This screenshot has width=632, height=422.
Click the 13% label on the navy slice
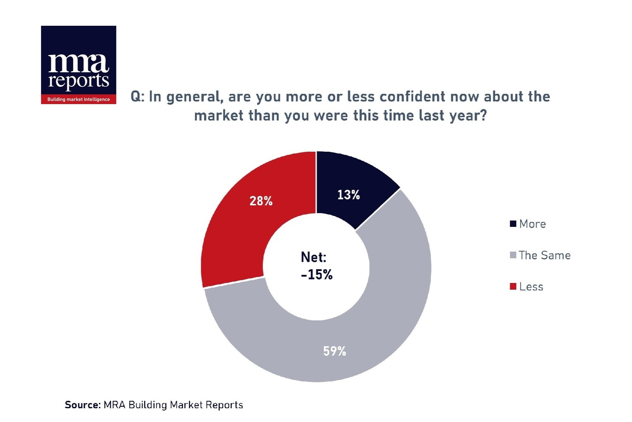[x=348, y=195]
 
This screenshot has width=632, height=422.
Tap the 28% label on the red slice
[x=261, y=201]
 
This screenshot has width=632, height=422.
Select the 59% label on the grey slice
[x=334, y=351]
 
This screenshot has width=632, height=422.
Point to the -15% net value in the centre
[x=317, y=275]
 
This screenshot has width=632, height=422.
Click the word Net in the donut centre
[x=313, y=257]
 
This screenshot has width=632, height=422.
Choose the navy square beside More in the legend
[x=513, y=224]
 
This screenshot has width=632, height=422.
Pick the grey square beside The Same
[x=513, y=255]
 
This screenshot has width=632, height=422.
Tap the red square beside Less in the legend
[x=513, y=286]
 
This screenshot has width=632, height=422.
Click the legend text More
[x=532, y=224]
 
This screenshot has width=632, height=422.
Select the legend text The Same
[x=544, y=255]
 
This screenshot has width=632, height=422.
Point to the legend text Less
[x=531, y=287]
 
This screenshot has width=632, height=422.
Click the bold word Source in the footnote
[x=83, y=405]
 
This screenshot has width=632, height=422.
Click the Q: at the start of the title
[x=137, y=97]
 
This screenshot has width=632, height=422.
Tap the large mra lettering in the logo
[x=78, y=64]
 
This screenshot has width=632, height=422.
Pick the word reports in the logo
[x=78, y=81]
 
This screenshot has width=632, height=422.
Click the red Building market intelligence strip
[x=78, y=100]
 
